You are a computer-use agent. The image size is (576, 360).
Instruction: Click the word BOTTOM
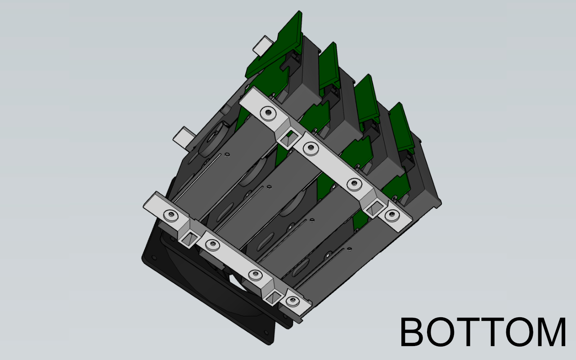(483, 332)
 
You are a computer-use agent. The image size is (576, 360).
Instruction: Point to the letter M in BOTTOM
(550, 332)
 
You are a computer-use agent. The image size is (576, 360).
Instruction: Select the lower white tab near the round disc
(183, 137)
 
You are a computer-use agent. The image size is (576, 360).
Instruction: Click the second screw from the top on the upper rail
(310, 147)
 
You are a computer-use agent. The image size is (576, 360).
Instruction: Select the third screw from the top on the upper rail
(355, 184)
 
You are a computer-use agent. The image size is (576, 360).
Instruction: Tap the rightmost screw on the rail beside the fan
(292, 301)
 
